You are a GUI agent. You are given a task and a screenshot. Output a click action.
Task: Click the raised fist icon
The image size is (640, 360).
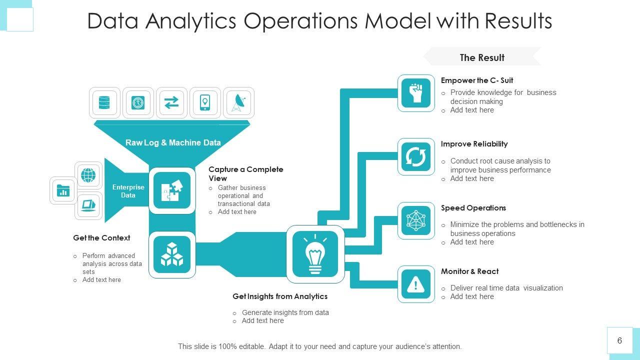tap(416, 93)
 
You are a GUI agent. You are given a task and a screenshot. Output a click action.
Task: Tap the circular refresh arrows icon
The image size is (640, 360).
tap(416, 157)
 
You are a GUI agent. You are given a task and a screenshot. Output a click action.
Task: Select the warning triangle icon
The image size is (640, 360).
tap(416, 284)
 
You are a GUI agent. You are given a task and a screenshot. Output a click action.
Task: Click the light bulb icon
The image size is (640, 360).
tap(315, 254)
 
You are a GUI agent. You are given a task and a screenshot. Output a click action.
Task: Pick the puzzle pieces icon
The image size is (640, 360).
tap(172, 190)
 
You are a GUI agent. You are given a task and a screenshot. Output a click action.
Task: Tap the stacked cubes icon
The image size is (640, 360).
tap(172, 254)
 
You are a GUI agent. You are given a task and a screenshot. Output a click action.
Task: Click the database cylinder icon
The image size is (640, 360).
tap(104, 103)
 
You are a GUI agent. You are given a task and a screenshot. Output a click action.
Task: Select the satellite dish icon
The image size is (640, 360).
tap(238, 103)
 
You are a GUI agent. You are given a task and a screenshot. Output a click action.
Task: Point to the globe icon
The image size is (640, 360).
tap(88, 175)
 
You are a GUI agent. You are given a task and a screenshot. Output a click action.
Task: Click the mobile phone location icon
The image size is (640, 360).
tap(205, 103)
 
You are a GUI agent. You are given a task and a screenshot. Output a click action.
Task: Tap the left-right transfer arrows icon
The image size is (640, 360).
tap(171, 103)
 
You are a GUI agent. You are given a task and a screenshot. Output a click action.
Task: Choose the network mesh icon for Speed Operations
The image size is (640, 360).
tap(416, 220)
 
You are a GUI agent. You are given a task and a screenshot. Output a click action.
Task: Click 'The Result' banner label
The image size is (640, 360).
tap(482, 57)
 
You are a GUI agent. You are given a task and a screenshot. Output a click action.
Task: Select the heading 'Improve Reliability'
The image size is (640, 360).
tap(474, 144)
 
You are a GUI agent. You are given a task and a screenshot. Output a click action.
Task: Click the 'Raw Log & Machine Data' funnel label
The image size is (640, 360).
tap(173, 142)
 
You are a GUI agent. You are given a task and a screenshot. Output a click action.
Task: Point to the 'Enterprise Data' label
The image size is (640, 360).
tap(128, 191)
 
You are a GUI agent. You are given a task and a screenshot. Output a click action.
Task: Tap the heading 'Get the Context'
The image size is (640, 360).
tap(101, 238)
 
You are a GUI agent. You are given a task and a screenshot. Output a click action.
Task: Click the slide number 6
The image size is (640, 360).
tap(619, 340)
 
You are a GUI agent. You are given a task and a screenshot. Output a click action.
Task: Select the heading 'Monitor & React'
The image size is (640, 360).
tap(469, 271)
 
